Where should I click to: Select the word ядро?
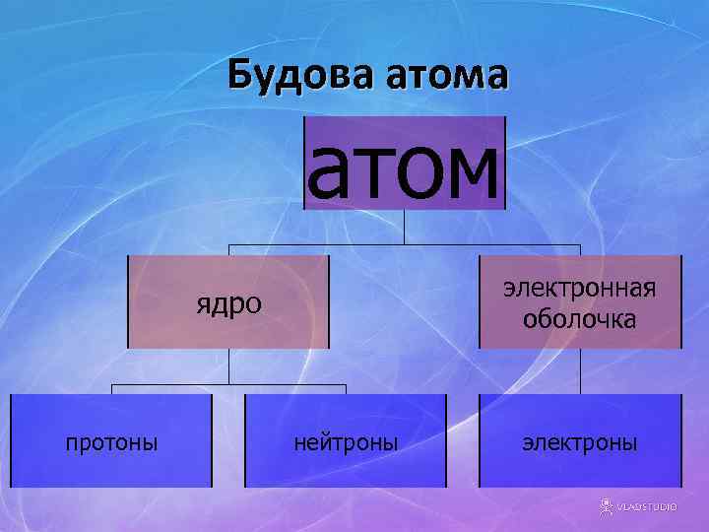tap(228, 302)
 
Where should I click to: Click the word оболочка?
tap(579, 319)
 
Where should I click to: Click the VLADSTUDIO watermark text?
tap(647, 506)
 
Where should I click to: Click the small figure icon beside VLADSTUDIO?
tap(606, 505)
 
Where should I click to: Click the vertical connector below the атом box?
tap(405, 228)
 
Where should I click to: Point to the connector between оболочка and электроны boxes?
tap(580, 371)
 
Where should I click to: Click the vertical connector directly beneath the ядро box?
tap(229, 366)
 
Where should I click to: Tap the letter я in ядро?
tap(201, 303)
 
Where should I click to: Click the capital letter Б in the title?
tap(239, 75)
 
